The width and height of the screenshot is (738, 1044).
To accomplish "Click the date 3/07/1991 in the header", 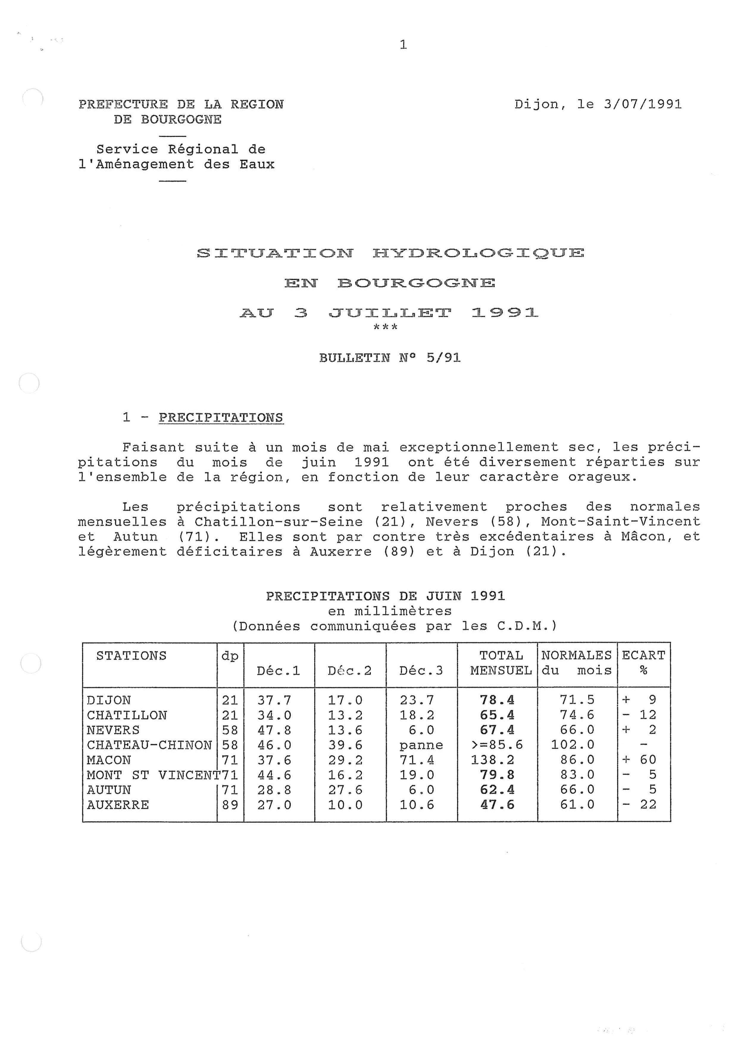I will point(642,104).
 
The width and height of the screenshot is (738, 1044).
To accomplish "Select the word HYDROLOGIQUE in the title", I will point(478,253).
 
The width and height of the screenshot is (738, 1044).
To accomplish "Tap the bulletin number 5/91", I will point(443,358).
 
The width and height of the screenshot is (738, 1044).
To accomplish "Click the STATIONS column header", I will point(131,656).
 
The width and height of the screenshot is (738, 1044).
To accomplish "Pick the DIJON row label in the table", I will point(109,700).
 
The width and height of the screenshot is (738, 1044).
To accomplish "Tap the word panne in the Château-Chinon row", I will point(421,745).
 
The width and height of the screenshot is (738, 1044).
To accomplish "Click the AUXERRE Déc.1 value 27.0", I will point(274,805).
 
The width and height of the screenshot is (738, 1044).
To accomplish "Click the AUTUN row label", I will point(109,790).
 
